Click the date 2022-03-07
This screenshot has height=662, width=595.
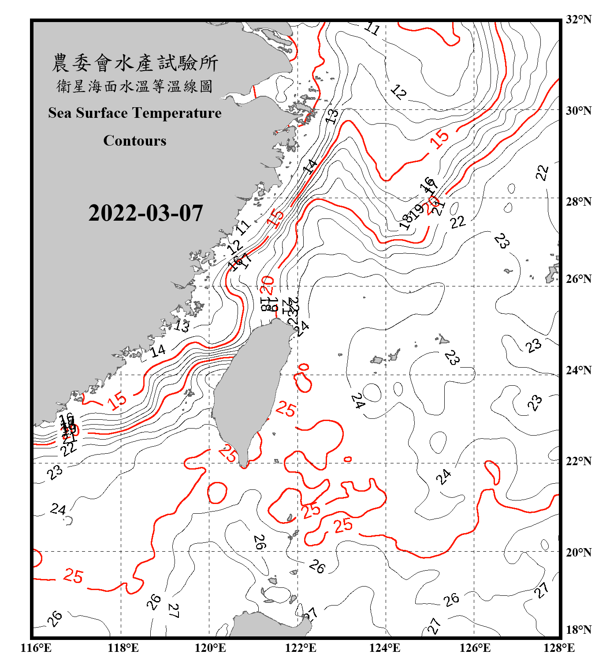(x=145, y=213)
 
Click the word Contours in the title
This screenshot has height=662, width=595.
(x=135, y=141)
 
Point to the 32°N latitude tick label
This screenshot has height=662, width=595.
(x=578, y=19)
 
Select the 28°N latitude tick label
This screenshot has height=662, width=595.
(x=578, y=202)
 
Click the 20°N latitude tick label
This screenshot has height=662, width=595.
(x=578, y=552)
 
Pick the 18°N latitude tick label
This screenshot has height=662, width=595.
(x=578, y=630)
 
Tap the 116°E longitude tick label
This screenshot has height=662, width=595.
(x=36, y=648)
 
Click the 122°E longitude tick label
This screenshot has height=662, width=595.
(x=301, y=648)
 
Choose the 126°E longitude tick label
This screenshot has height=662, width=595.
(x=475, y=648)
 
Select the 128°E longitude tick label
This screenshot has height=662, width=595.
(x=559, y=648)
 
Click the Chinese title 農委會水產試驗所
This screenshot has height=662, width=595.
(x=135, y=63)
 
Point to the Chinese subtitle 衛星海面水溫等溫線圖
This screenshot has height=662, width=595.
(x=135, y=87)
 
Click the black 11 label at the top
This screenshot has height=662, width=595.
(x=372, y=29)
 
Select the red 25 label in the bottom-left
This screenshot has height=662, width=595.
(x=73, y=576)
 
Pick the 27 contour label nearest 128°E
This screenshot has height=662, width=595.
(x=542, y=590)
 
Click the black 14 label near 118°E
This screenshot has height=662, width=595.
(x=158, y=351)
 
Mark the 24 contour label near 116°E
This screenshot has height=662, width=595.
(x=58, y=509)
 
